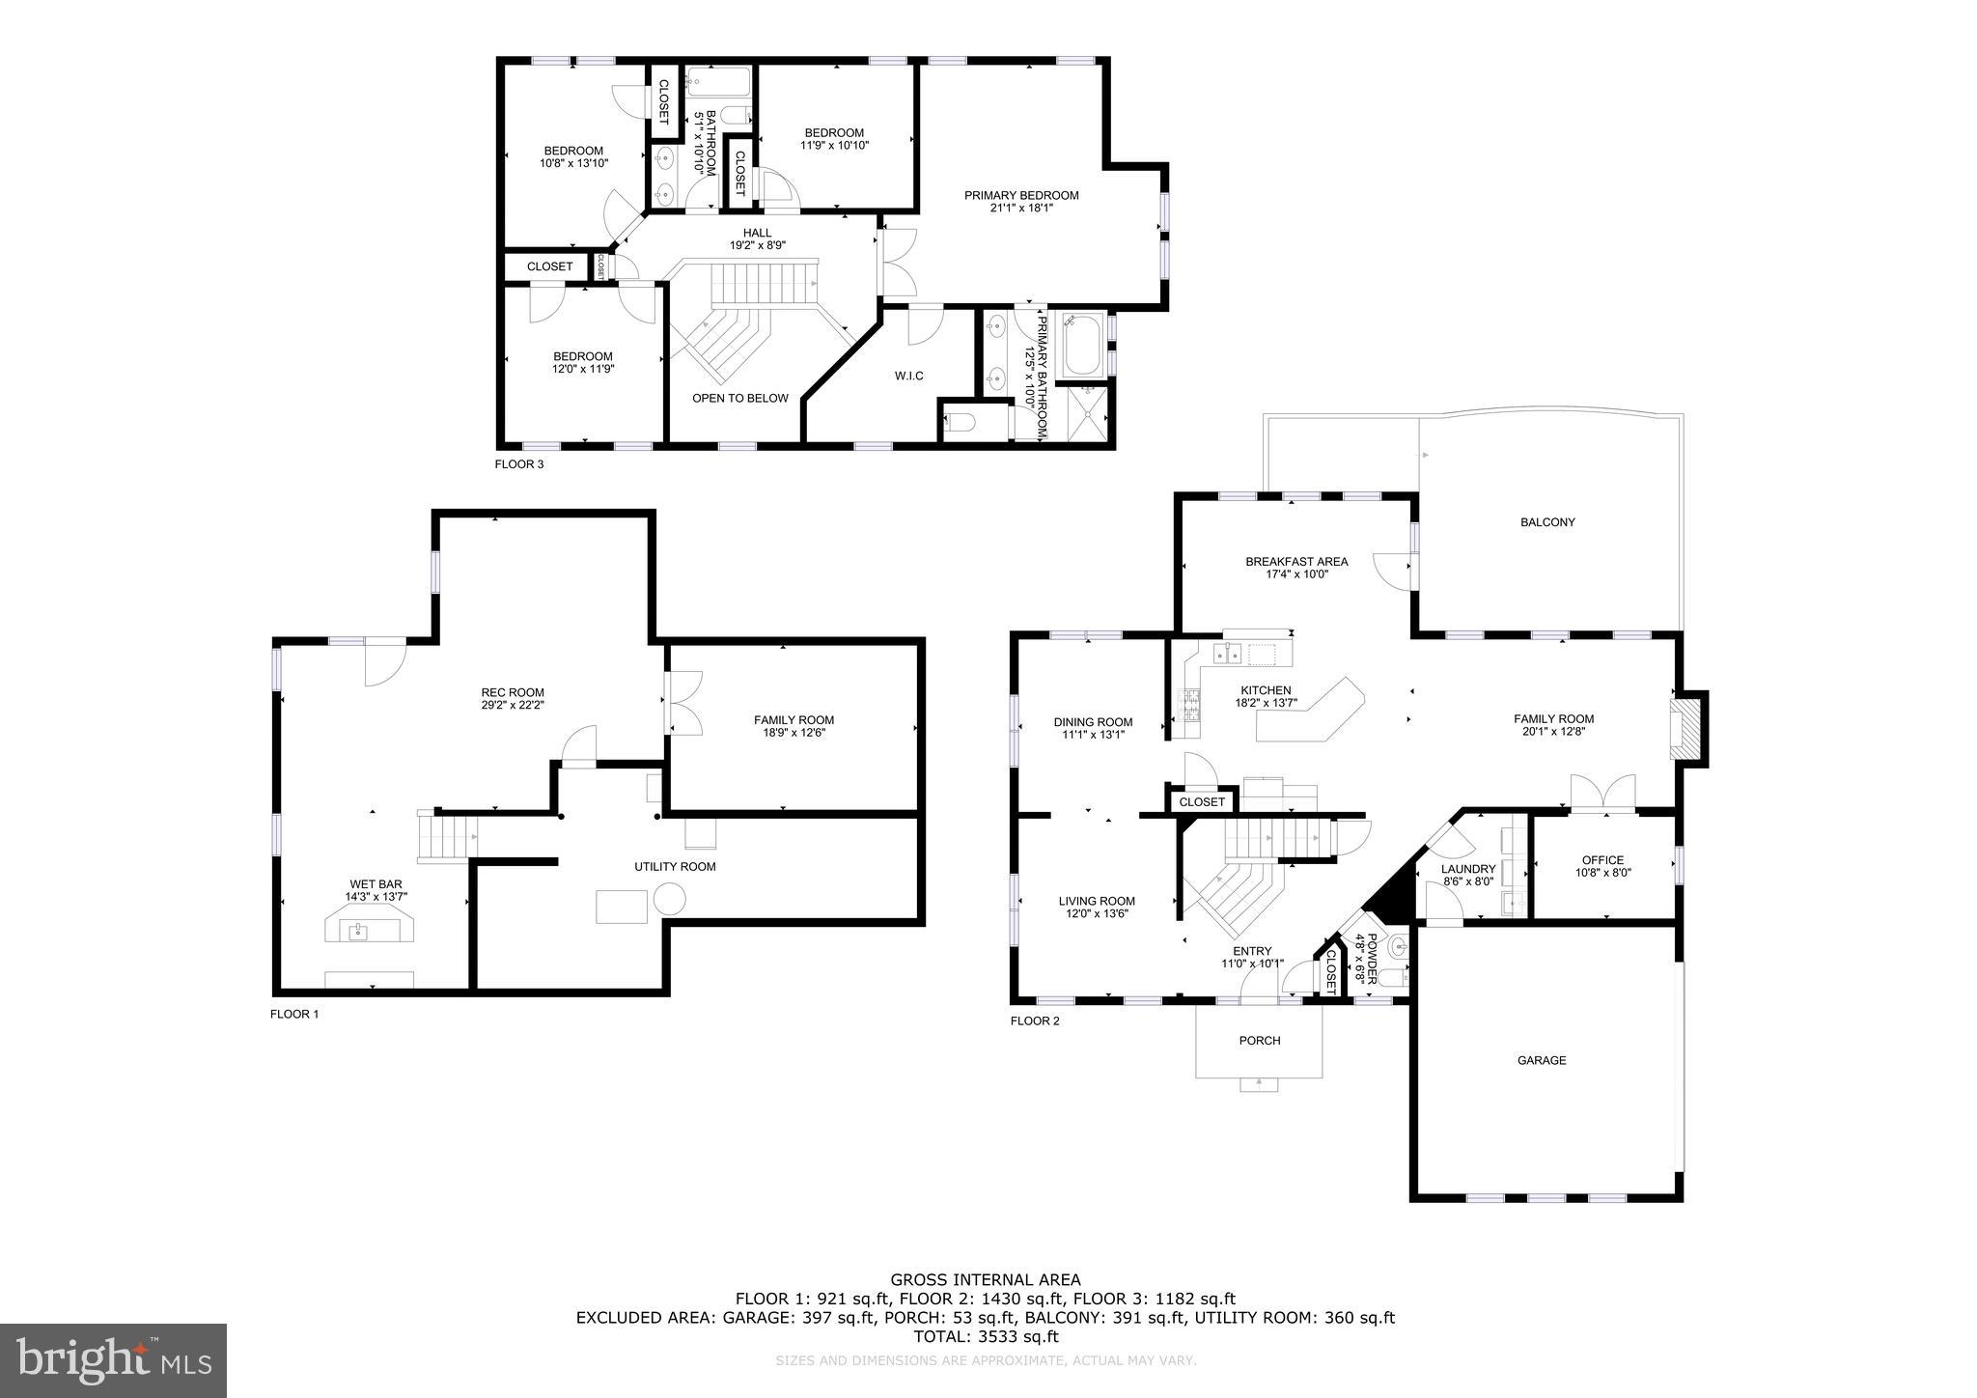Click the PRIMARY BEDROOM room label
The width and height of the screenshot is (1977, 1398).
point(1021,195)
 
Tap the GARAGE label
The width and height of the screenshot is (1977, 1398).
point(1542,1060)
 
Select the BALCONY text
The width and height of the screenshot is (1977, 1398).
point(1547,522)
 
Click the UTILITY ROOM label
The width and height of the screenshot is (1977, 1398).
point(675,866)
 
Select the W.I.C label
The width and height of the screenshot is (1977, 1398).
point(908,376)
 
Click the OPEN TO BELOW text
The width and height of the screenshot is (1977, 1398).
point(739,398)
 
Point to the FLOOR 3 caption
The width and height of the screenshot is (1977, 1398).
point(519,463)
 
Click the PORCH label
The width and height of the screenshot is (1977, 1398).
point(1259,1040)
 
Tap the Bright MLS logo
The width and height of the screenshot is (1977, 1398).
point(114,1360)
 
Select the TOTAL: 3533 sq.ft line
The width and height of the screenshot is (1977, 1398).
point(986,1337)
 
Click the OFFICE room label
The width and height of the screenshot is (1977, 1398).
point(1602,860)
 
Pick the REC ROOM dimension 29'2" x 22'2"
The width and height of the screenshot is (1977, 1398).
point(513,704)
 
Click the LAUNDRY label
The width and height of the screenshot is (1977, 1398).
point(1468,869)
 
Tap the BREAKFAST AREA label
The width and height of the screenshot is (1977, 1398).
point(1296,561)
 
